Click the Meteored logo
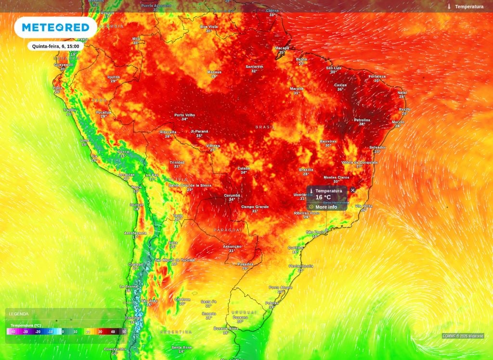click(x=55, y=27)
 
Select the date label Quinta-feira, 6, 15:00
click(x=55, y=46)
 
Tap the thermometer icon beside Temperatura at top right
click(x=449, y=7)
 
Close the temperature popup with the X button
click(x=352, y=190)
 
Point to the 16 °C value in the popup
click(x=323, y=197)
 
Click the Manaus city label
click(x=214, y=72)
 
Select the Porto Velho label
click(x=184, y=115)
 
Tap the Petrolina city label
click(x=362, y=120)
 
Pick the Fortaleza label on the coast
click(x=377, y=77)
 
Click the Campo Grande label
click(x=255, y=207)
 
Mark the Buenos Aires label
click(x=225, y=329)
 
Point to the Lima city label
click(x=84, y=140)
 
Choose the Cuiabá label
click(x=244, y=168)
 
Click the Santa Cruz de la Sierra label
click(x=189, y=185)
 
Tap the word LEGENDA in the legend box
click(x=19, y=314)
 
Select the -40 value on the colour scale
click(x=13, y=332)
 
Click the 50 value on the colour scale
click(x=124, y=332)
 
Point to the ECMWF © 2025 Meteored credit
click(x=463, y=336)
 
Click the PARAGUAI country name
click(x=227, y=231)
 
